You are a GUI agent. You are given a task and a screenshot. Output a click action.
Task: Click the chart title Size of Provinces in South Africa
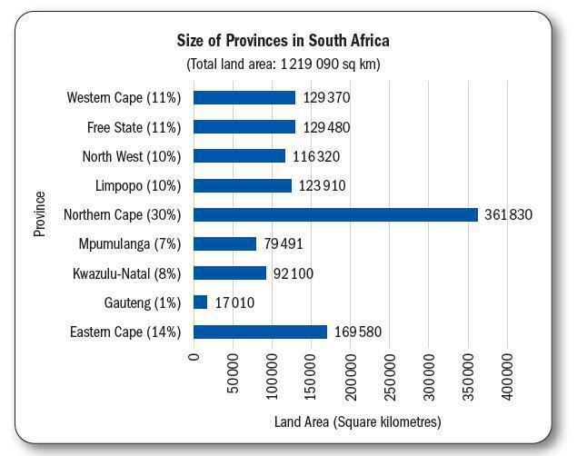283,41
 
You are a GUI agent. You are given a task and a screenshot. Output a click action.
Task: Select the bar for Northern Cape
335,215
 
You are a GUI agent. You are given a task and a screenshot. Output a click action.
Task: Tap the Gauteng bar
201,302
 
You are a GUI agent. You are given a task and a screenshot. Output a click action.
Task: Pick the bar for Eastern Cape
260,332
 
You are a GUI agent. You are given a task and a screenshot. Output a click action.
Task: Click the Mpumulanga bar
224,244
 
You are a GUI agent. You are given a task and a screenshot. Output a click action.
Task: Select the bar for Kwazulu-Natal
230,273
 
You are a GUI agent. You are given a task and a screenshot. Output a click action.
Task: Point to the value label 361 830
508,215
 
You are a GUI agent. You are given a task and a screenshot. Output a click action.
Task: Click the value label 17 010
234,302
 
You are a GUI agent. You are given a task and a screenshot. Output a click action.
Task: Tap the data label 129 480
326,127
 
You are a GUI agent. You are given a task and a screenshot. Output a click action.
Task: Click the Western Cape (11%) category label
124,98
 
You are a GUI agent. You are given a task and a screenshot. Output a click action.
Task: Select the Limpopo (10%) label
138,186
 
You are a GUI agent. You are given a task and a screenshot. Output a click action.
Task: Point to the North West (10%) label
132,156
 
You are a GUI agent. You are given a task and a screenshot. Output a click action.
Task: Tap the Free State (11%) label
134,127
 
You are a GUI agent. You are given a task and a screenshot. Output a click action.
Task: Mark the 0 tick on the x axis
194,357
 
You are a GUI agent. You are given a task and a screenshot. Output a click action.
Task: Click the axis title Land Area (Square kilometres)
357,422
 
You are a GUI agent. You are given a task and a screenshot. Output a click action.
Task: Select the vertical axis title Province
40,214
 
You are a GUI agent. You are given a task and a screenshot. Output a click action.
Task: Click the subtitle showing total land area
283,64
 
